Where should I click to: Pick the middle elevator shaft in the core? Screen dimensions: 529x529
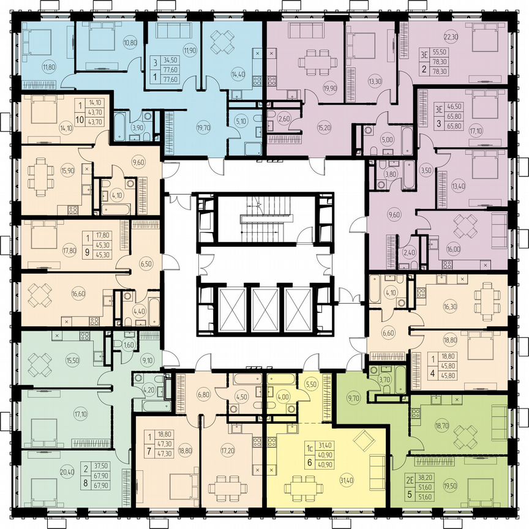(x=264, y=306)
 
